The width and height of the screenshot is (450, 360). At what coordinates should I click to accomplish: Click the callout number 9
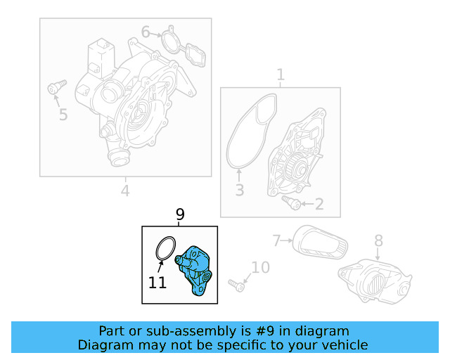click(x=180, y=214)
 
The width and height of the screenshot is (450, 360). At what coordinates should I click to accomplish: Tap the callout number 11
click(x=157, y=283)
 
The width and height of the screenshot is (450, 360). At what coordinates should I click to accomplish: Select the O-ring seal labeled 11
click(x=166, y=248)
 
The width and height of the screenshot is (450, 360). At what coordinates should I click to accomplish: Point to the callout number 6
click(x=146, y=32)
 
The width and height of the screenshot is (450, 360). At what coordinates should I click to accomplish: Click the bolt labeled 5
click(x=57, y=86)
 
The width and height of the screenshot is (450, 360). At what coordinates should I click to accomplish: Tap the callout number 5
click(x=63, y=115)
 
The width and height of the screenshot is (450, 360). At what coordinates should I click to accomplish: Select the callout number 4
click(x=125, y=191)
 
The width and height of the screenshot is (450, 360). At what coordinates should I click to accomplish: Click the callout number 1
click(x=281, y=75)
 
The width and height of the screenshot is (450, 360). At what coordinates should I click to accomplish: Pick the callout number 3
click(x=240, y=190)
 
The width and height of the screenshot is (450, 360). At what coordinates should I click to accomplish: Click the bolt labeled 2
click(x=291, y=202)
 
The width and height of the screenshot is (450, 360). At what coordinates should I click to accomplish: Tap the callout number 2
click(x=319, y=204)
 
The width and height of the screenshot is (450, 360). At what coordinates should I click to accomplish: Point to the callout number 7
click(x=276, y=240)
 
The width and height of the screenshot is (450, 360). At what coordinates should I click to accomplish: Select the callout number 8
click(x=378, y=240)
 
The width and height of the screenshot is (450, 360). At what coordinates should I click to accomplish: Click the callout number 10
click(x=261, y=268)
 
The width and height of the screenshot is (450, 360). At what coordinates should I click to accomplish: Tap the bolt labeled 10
click(x=236, y=285)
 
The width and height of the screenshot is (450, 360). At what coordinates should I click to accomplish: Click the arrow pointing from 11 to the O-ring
click(x=160, y=266)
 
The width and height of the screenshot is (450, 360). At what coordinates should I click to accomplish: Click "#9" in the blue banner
click(x=264, y=331)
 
